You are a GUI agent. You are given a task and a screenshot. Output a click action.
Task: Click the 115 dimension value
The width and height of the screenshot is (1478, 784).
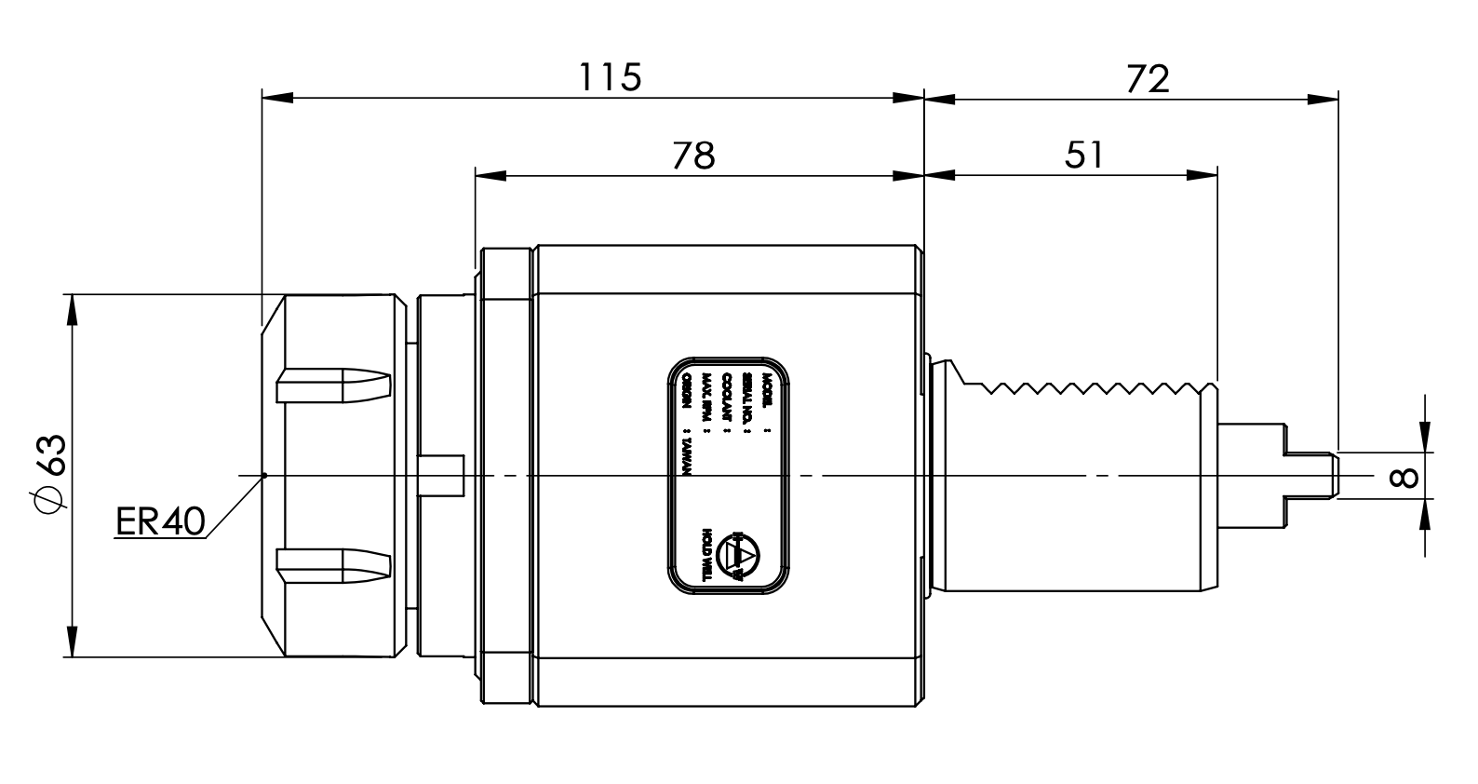click(x=611, y=76)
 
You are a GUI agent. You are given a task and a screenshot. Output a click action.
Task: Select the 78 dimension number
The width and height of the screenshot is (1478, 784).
click(x=693, y=155)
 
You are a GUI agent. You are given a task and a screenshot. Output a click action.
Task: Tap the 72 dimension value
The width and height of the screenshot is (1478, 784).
click(x=1147, y=79)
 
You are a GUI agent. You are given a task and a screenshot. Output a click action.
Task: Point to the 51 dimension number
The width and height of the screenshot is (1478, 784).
click(x=1083, y=155)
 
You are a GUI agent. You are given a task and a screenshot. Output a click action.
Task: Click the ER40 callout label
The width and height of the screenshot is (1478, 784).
click(x=160, y=522)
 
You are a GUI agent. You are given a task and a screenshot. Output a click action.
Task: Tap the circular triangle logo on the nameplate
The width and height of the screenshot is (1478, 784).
click(x=740, y=555)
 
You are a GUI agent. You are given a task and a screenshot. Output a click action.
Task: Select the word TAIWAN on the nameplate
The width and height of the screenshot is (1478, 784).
click(x=688, y=454)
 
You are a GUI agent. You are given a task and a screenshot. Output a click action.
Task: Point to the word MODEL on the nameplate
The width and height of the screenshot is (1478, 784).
click(x=767, y=390)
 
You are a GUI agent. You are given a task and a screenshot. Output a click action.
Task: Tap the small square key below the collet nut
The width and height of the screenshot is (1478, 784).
click(x=443, y=474)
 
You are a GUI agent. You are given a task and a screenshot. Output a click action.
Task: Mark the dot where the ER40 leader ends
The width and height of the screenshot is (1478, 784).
click(x=265, y=476)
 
